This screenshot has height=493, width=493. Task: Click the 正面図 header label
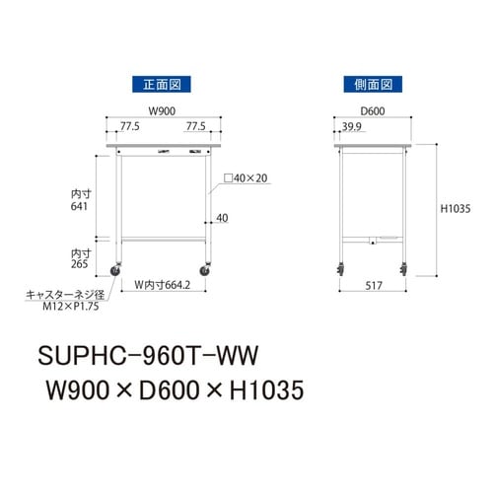(x=160, y=86)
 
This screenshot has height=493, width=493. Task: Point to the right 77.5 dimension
(x=196, y=127)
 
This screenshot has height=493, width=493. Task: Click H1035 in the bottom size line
(x=255, y=390)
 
